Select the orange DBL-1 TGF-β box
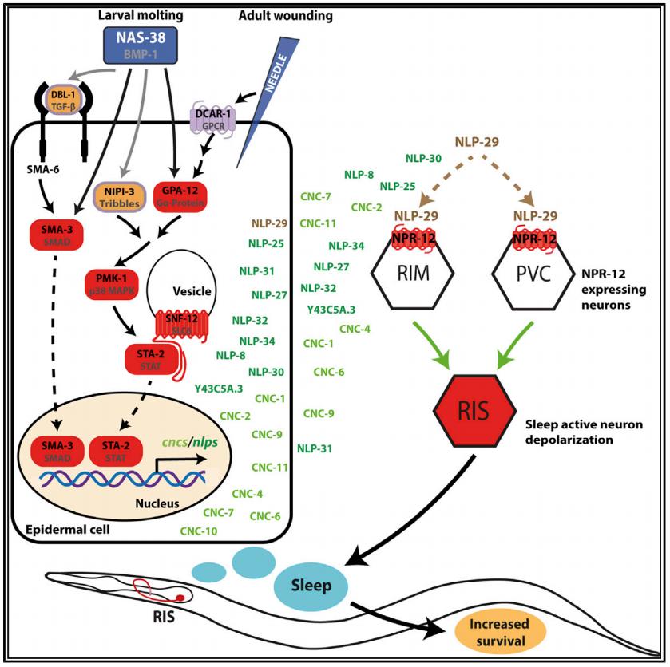(x=77, y=119)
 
